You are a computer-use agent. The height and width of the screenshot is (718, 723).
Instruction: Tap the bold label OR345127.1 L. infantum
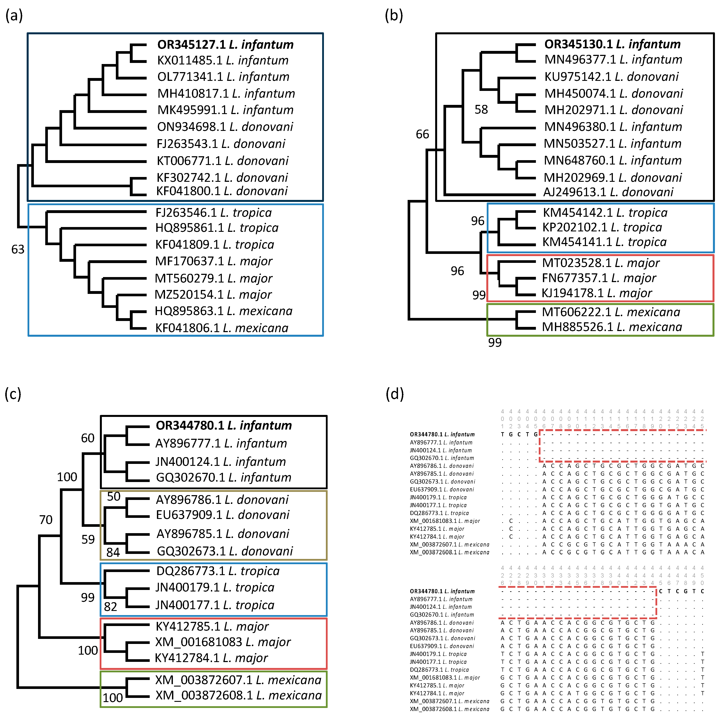(x=225, y=45)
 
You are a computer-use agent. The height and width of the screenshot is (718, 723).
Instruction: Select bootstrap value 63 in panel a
(x=17, y=249)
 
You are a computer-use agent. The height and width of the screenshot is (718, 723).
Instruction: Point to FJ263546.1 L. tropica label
(x=213, y=213)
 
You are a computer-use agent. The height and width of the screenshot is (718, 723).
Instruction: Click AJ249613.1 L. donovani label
(x=608, y=192)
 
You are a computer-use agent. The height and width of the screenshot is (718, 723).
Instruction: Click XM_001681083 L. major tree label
(x=223, y=642)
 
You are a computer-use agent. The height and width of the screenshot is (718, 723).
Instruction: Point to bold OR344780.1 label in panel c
(x=223, y=425)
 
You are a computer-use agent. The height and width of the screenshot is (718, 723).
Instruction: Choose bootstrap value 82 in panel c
(x=110, y=607)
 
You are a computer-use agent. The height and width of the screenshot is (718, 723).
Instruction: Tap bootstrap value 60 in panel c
(x=88, y=438)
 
